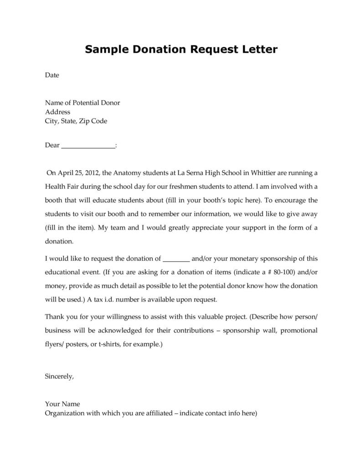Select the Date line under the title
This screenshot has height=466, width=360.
52,75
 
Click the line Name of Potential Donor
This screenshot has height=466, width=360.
82,103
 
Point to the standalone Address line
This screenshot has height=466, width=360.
57,112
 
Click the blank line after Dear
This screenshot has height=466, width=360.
88,145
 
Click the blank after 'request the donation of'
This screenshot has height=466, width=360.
176,259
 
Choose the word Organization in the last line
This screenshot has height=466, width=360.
64,414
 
